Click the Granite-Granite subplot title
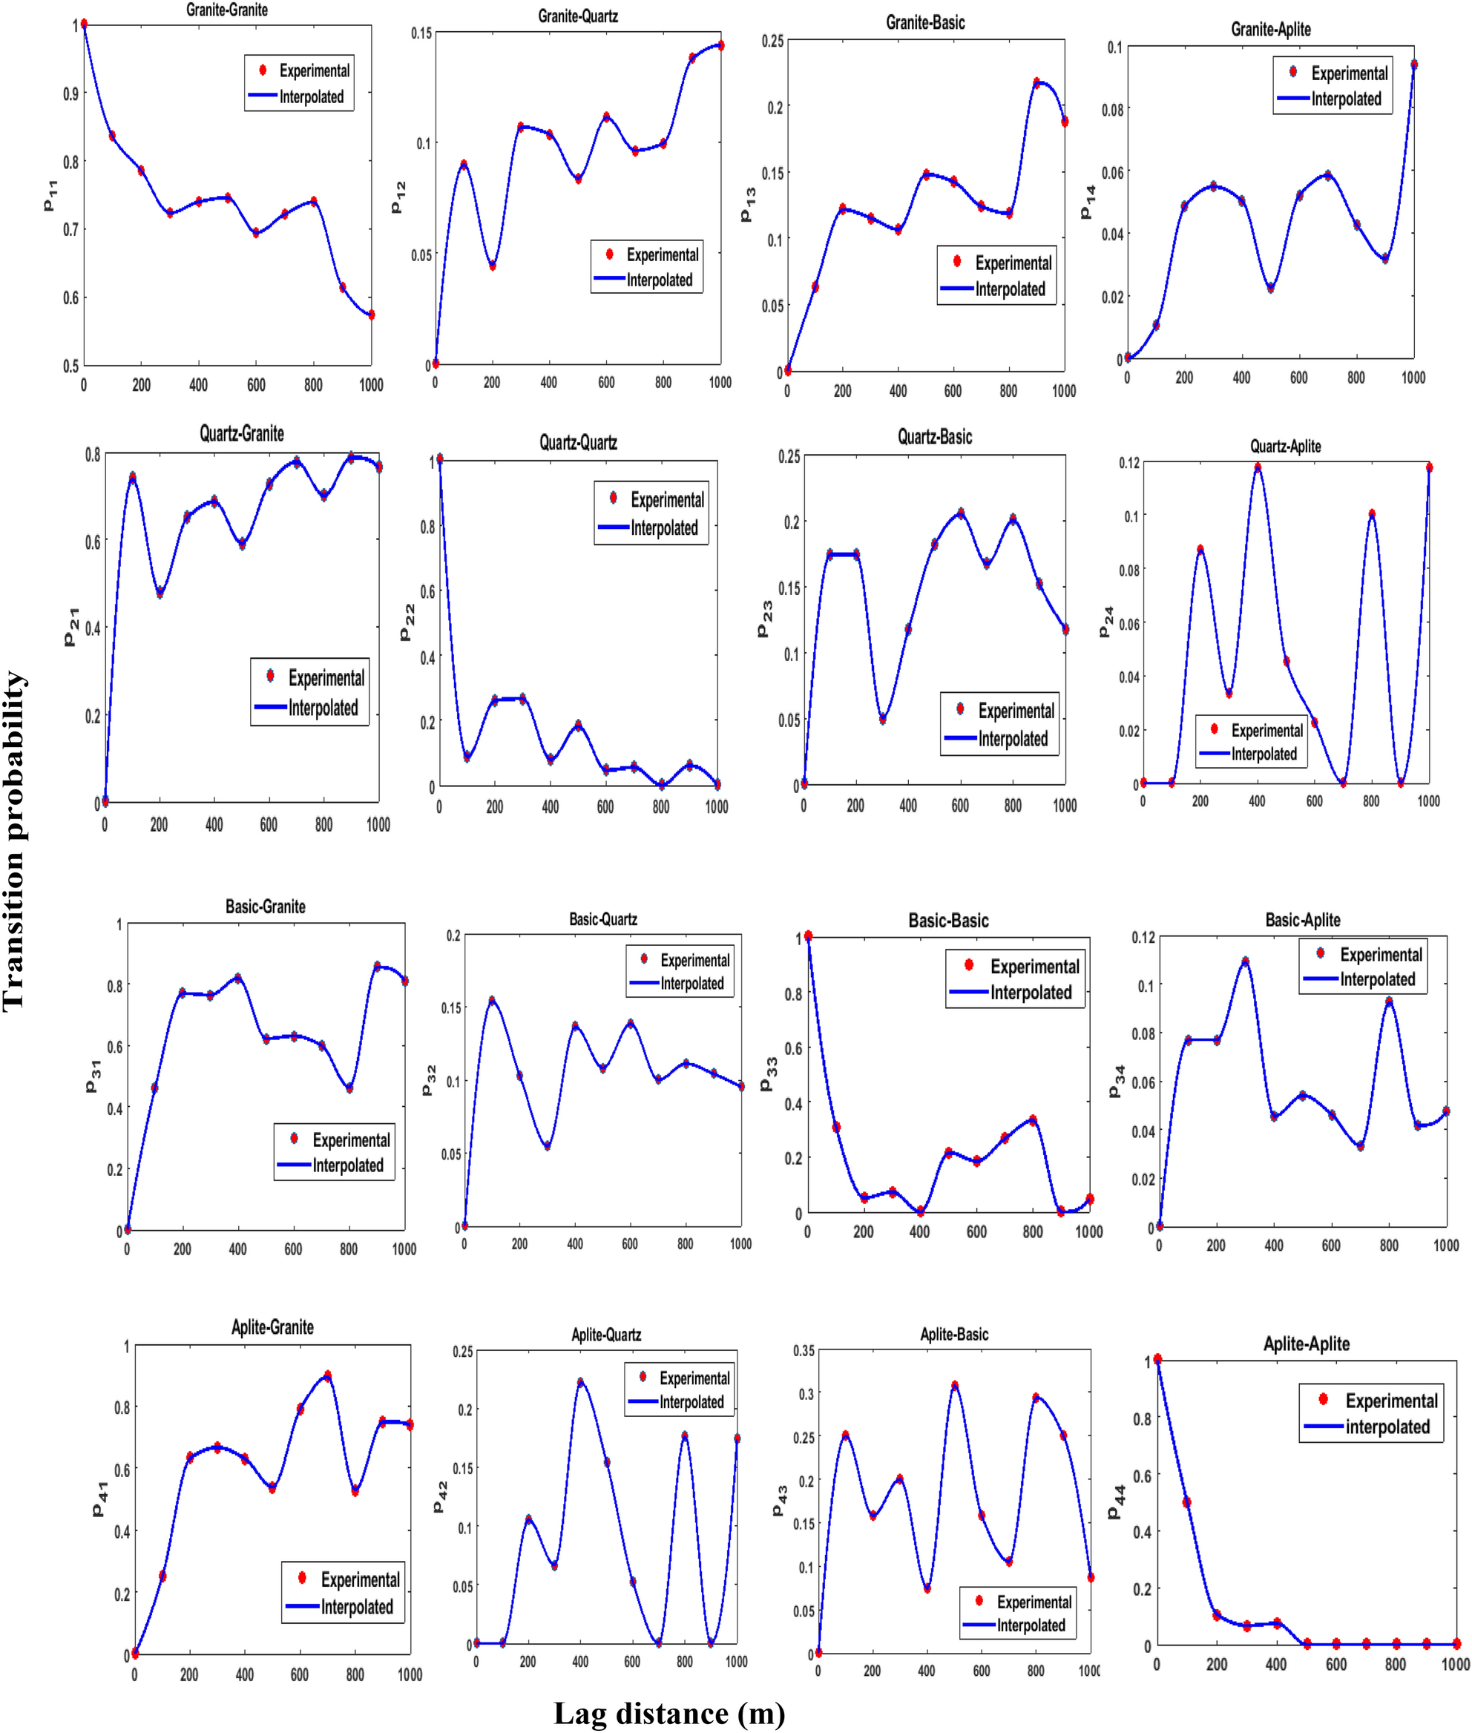coord(227,10)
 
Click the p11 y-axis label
coord(50,194)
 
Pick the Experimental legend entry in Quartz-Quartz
coord(667,500)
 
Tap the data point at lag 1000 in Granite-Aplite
coord(1413,65)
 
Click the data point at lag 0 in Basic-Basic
coord(808,936)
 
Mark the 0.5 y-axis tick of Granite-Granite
coord(71,366)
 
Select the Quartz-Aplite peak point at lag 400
coord(1258,468)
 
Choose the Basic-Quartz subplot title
coord(602,919)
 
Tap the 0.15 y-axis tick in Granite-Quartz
coord(421,33)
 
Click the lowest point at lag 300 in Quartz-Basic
coord(882,718)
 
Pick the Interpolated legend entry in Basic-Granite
coord(347,1165)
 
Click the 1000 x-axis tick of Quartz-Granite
coord(378,824)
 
